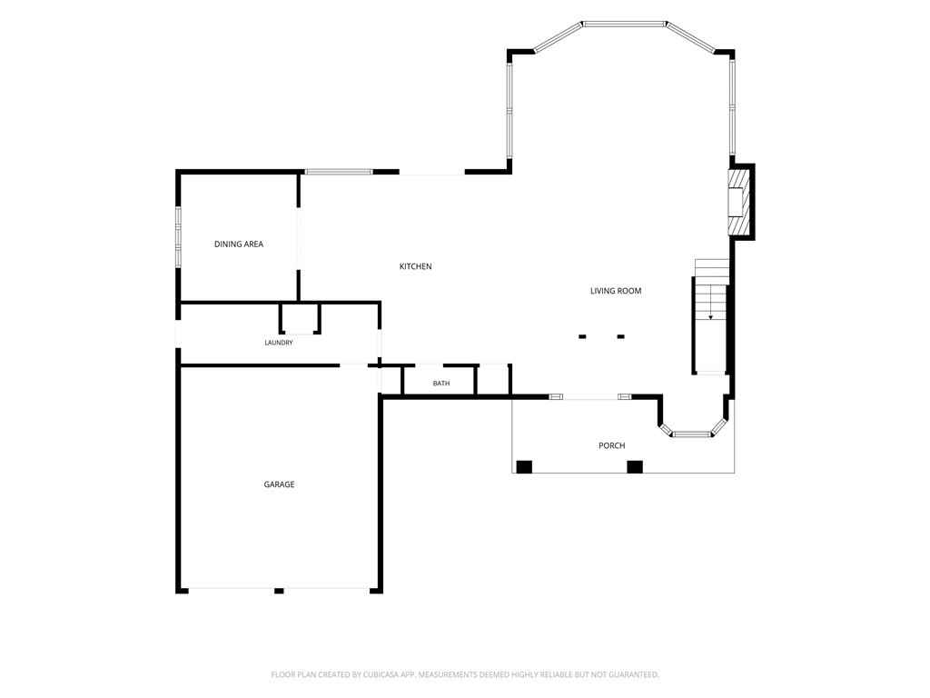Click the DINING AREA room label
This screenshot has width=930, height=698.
pos(239,244)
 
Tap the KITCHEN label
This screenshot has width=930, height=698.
pos(415,266)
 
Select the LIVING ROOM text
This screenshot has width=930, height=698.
pos(616,291)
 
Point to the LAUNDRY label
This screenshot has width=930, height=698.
pos(278,343)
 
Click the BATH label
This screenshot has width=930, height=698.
pos(440,384)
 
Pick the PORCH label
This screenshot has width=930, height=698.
pos(611,445)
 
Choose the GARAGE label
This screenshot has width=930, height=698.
pos(279,484)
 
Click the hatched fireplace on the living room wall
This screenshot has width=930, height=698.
pos(737,202)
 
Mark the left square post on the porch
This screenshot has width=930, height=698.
pos(524,466)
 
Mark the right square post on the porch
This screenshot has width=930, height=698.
pos(635,466)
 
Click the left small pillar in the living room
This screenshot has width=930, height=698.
pos(582,336)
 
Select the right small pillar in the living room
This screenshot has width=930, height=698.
pos(620,336)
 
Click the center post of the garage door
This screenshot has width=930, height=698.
pos(279,591)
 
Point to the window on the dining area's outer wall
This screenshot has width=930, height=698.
pos(178,236)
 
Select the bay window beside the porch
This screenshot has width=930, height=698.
pos(693,434)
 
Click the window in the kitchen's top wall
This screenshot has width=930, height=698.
pos(339,172)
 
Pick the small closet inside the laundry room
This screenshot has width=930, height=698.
pos(300,319)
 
